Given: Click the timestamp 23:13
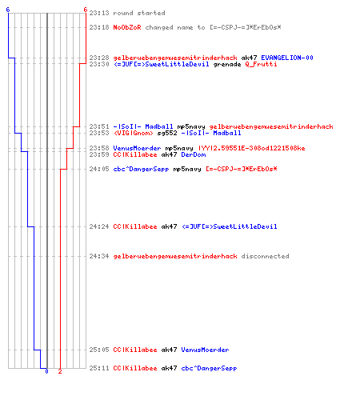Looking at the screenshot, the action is click(x=99, y=13).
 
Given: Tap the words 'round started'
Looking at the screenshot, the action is click(x=139, y=13).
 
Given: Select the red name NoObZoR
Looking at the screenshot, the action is click(x=127, y=27).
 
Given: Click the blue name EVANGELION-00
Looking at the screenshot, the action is click(x=287, y=58).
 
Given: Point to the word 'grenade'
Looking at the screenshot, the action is click(x=227, y=64).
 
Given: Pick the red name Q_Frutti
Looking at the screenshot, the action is click(x=261, y=64).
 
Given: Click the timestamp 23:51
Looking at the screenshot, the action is click(x=99, y=126).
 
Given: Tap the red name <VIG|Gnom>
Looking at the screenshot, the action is click(x=134, y=133).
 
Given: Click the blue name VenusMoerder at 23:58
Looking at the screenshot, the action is click(x=137, y=148).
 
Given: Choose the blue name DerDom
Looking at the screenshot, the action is click(x=194, y=154).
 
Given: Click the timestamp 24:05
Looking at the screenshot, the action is click(x=99, y=169).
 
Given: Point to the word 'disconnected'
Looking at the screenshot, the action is click(x=265, y=256).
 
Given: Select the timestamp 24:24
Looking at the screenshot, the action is click(x=99, y=226).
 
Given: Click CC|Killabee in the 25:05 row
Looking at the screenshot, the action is click(x=135, y=350).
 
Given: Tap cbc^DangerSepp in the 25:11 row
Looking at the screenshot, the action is click(x=209, y=368).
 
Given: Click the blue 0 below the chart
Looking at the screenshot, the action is click(x=46, y=371).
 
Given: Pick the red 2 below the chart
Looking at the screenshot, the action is click(x=60, y=371).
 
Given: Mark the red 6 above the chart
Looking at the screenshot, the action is click(x=86, y=10).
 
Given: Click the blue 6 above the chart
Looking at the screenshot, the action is click(x=8, y=10).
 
